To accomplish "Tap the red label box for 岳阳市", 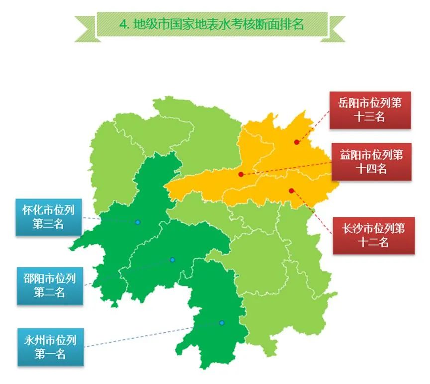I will pos(371,110).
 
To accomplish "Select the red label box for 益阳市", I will pos(371,162).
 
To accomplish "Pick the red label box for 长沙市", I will pos(371,235).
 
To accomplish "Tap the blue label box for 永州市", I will pos(49,347).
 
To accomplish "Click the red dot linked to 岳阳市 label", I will pos(296,142).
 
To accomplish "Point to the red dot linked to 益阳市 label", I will pos(241,174).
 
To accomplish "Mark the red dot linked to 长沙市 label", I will pos(292,190).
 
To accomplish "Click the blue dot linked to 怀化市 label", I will pos(138,222).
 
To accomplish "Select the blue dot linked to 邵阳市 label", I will pos(172,260).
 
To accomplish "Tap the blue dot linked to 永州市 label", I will pos(222,323).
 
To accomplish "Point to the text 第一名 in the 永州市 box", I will pos(49,355).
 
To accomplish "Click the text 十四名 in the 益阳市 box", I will pos(371,169).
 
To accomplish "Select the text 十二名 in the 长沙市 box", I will pos(371,242).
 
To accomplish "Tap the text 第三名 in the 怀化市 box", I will pos(48,224).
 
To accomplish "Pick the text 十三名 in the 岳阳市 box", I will pos(371,118).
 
